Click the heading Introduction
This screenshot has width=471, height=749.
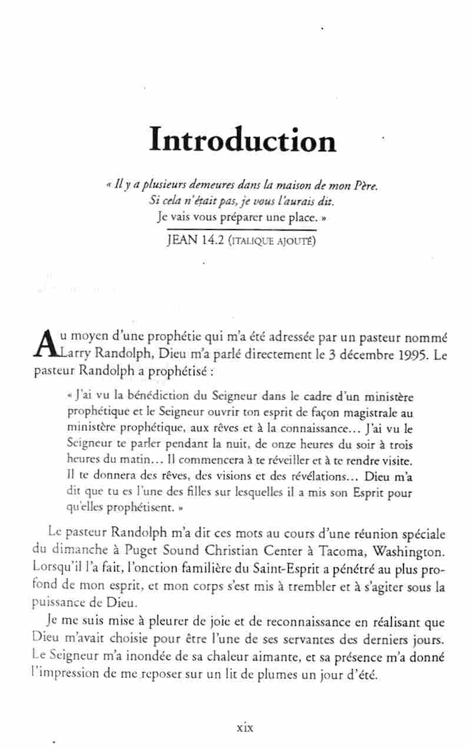(x=243, y=140)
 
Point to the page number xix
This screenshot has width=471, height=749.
(x=244, y=727)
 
